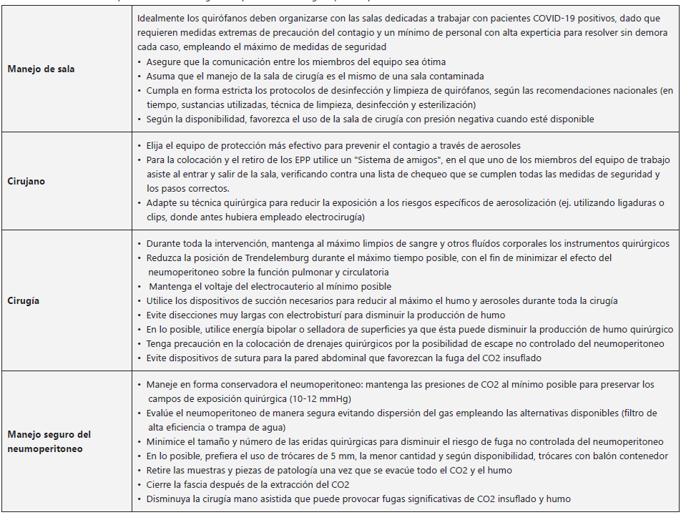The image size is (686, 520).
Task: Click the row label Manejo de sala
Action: pos(41,69)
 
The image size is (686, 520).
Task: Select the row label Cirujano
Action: pos(26,181)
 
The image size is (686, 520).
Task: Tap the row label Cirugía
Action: pos(24,300)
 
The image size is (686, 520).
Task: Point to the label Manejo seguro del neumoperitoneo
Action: pos(49,441)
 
